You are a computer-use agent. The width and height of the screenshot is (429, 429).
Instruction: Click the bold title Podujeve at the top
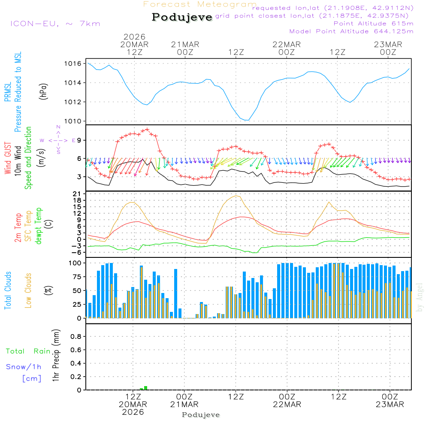click(182, 17)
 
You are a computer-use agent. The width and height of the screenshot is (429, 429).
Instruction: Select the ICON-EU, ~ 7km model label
click(55, 24)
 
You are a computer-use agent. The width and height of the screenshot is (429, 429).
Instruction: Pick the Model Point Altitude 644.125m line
click(351, 31)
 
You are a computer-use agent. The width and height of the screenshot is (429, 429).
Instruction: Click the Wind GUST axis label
click(8, 159)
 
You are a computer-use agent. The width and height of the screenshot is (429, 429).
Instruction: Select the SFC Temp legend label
click(28, 226)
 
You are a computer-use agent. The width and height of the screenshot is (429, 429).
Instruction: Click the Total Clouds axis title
click(8, 290)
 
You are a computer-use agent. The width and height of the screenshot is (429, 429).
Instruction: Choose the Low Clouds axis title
click(28, 290)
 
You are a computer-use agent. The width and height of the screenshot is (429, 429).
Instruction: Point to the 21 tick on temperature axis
click(79, 194)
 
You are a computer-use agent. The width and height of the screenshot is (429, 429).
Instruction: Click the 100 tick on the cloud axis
click(76, 263)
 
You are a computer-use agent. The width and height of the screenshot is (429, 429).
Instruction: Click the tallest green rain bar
click(146, 388)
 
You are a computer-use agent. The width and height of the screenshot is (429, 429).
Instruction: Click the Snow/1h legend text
click(24, 367)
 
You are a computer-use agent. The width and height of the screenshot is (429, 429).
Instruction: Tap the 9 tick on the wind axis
click(79, 140)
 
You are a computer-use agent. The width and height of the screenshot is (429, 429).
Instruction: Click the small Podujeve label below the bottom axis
click(201, 415)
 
